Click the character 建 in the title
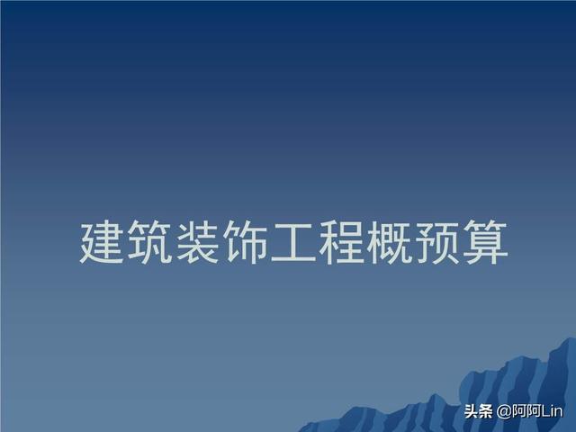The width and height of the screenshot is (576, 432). tap(101, 242)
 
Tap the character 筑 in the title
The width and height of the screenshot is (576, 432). tap(149, 242)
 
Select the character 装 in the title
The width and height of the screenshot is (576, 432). tap(197, 242)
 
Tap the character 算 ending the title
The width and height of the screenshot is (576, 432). tap(486, 242)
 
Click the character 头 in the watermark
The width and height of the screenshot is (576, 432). tap(471, 411)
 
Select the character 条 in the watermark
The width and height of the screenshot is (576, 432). tap(485, 411)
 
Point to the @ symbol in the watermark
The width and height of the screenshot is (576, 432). tap(504, 411)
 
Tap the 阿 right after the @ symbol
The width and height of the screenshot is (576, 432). tap(518, 411)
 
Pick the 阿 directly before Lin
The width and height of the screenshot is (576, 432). tap(532, 411)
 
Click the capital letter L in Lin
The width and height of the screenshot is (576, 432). tap(544, 411)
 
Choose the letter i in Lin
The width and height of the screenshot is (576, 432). tap(551, 411)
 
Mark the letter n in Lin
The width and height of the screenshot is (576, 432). tap(558, 412)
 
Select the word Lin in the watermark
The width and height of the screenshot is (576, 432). tap(552, 411)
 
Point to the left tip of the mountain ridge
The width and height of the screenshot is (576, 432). tap(298, 430)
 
